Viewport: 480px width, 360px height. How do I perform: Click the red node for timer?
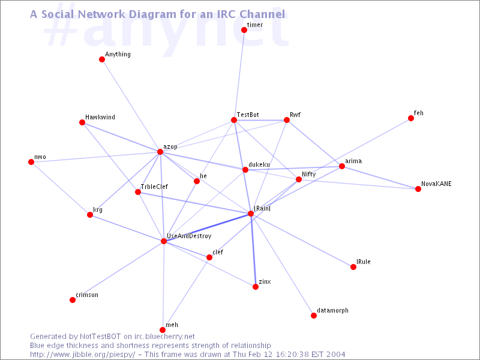(x=244, y=30)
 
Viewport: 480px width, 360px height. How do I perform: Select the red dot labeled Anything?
(x=102, y=59)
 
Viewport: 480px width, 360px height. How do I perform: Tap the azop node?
(x=160, y=152)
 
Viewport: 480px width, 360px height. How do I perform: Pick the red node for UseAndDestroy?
(x=164, y=241)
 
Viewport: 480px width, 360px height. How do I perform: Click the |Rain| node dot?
(x=251, y=214)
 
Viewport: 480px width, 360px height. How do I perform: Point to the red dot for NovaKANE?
(x=418, y=189)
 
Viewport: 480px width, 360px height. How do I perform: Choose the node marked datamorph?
(x=314, y=316)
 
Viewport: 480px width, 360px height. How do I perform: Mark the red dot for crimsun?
(x=73, y=300)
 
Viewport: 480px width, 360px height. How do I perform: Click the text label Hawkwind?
(x=100, y=117)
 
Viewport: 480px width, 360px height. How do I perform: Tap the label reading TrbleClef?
(x=154, y=187)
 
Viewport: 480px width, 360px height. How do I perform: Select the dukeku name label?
(x=259, y=164)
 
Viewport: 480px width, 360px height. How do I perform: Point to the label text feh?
(x=418, y=113)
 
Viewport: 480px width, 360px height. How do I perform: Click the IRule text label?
(x=364, y=262)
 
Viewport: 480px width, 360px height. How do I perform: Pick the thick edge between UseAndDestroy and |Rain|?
(x=207, y=227)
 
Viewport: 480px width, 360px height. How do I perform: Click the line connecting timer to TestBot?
(x=239, y=75)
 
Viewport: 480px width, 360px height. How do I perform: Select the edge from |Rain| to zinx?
(x=253, y=250)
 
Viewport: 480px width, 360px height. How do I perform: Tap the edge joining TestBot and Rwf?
(x=260, y=120)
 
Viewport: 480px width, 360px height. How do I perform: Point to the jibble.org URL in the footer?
(x=83, y=355)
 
